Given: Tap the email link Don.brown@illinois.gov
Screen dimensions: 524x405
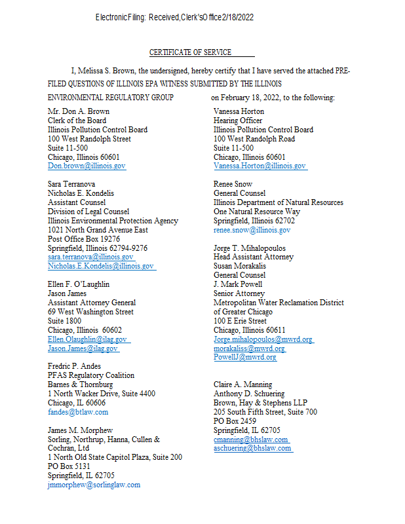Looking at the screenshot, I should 87,166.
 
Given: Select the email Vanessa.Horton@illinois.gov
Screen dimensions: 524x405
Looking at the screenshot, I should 260,166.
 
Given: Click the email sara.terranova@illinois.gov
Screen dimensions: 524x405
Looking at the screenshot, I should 90,257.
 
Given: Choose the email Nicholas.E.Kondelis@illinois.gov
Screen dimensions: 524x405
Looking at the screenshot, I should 101,267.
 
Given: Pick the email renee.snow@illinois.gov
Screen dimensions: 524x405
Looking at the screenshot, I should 252,231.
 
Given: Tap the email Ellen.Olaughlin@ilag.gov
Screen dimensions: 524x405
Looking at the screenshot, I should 87,339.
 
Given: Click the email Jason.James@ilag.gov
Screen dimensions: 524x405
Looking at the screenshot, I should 83,348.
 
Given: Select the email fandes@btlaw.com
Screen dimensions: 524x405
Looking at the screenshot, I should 78,412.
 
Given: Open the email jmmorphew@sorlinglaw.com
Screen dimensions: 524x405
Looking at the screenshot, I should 94,485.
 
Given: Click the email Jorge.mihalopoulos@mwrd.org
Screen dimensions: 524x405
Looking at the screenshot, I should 263,339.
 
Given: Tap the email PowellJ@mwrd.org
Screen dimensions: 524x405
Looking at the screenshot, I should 244,358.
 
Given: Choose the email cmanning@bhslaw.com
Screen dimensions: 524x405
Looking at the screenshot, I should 251,440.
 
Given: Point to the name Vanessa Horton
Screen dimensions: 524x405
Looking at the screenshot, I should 238,111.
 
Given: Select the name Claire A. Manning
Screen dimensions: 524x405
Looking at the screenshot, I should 242,384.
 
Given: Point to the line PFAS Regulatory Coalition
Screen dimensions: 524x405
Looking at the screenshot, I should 91,375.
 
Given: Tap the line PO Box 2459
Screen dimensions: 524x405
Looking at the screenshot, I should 235,421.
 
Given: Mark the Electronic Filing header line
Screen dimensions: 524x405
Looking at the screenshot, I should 174,17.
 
